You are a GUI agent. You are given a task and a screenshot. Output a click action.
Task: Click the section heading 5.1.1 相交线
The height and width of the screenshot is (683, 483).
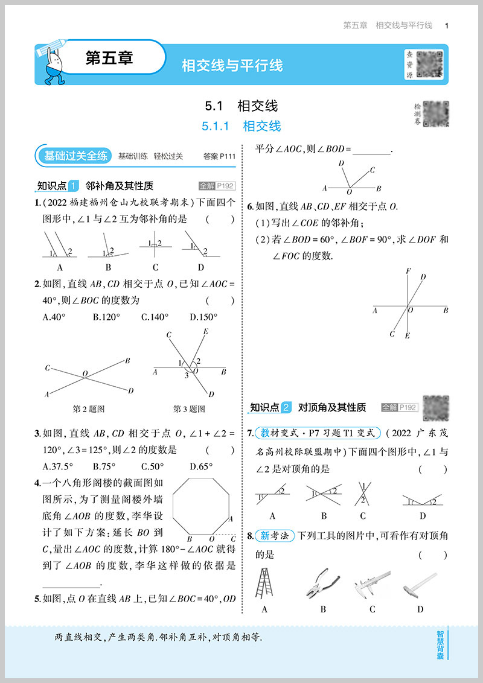click(x=241, y=126)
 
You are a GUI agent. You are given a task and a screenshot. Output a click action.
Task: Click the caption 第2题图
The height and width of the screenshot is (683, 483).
click(x=89, y=408)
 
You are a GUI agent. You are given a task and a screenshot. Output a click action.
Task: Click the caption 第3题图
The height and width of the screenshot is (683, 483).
click(x=189, y=408)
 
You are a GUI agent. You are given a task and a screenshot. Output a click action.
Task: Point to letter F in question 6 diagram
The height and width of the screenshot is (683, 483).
click(x=409, y=271)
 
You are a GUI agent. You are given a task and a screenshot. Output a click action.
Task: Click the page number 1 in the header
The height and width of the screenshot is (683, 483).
click(x=446, y=25)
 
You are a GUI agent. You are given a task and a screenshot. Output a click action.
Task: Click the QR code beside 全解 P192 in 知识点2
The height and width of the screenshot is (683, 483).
click(x=436, y=407)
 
